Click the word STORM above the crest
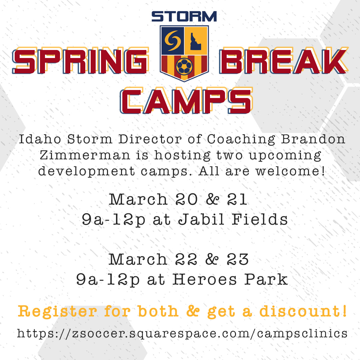pos(184,16)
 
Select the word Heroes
pos(205,280)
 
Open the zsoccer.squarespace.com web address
pos(182,333)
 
